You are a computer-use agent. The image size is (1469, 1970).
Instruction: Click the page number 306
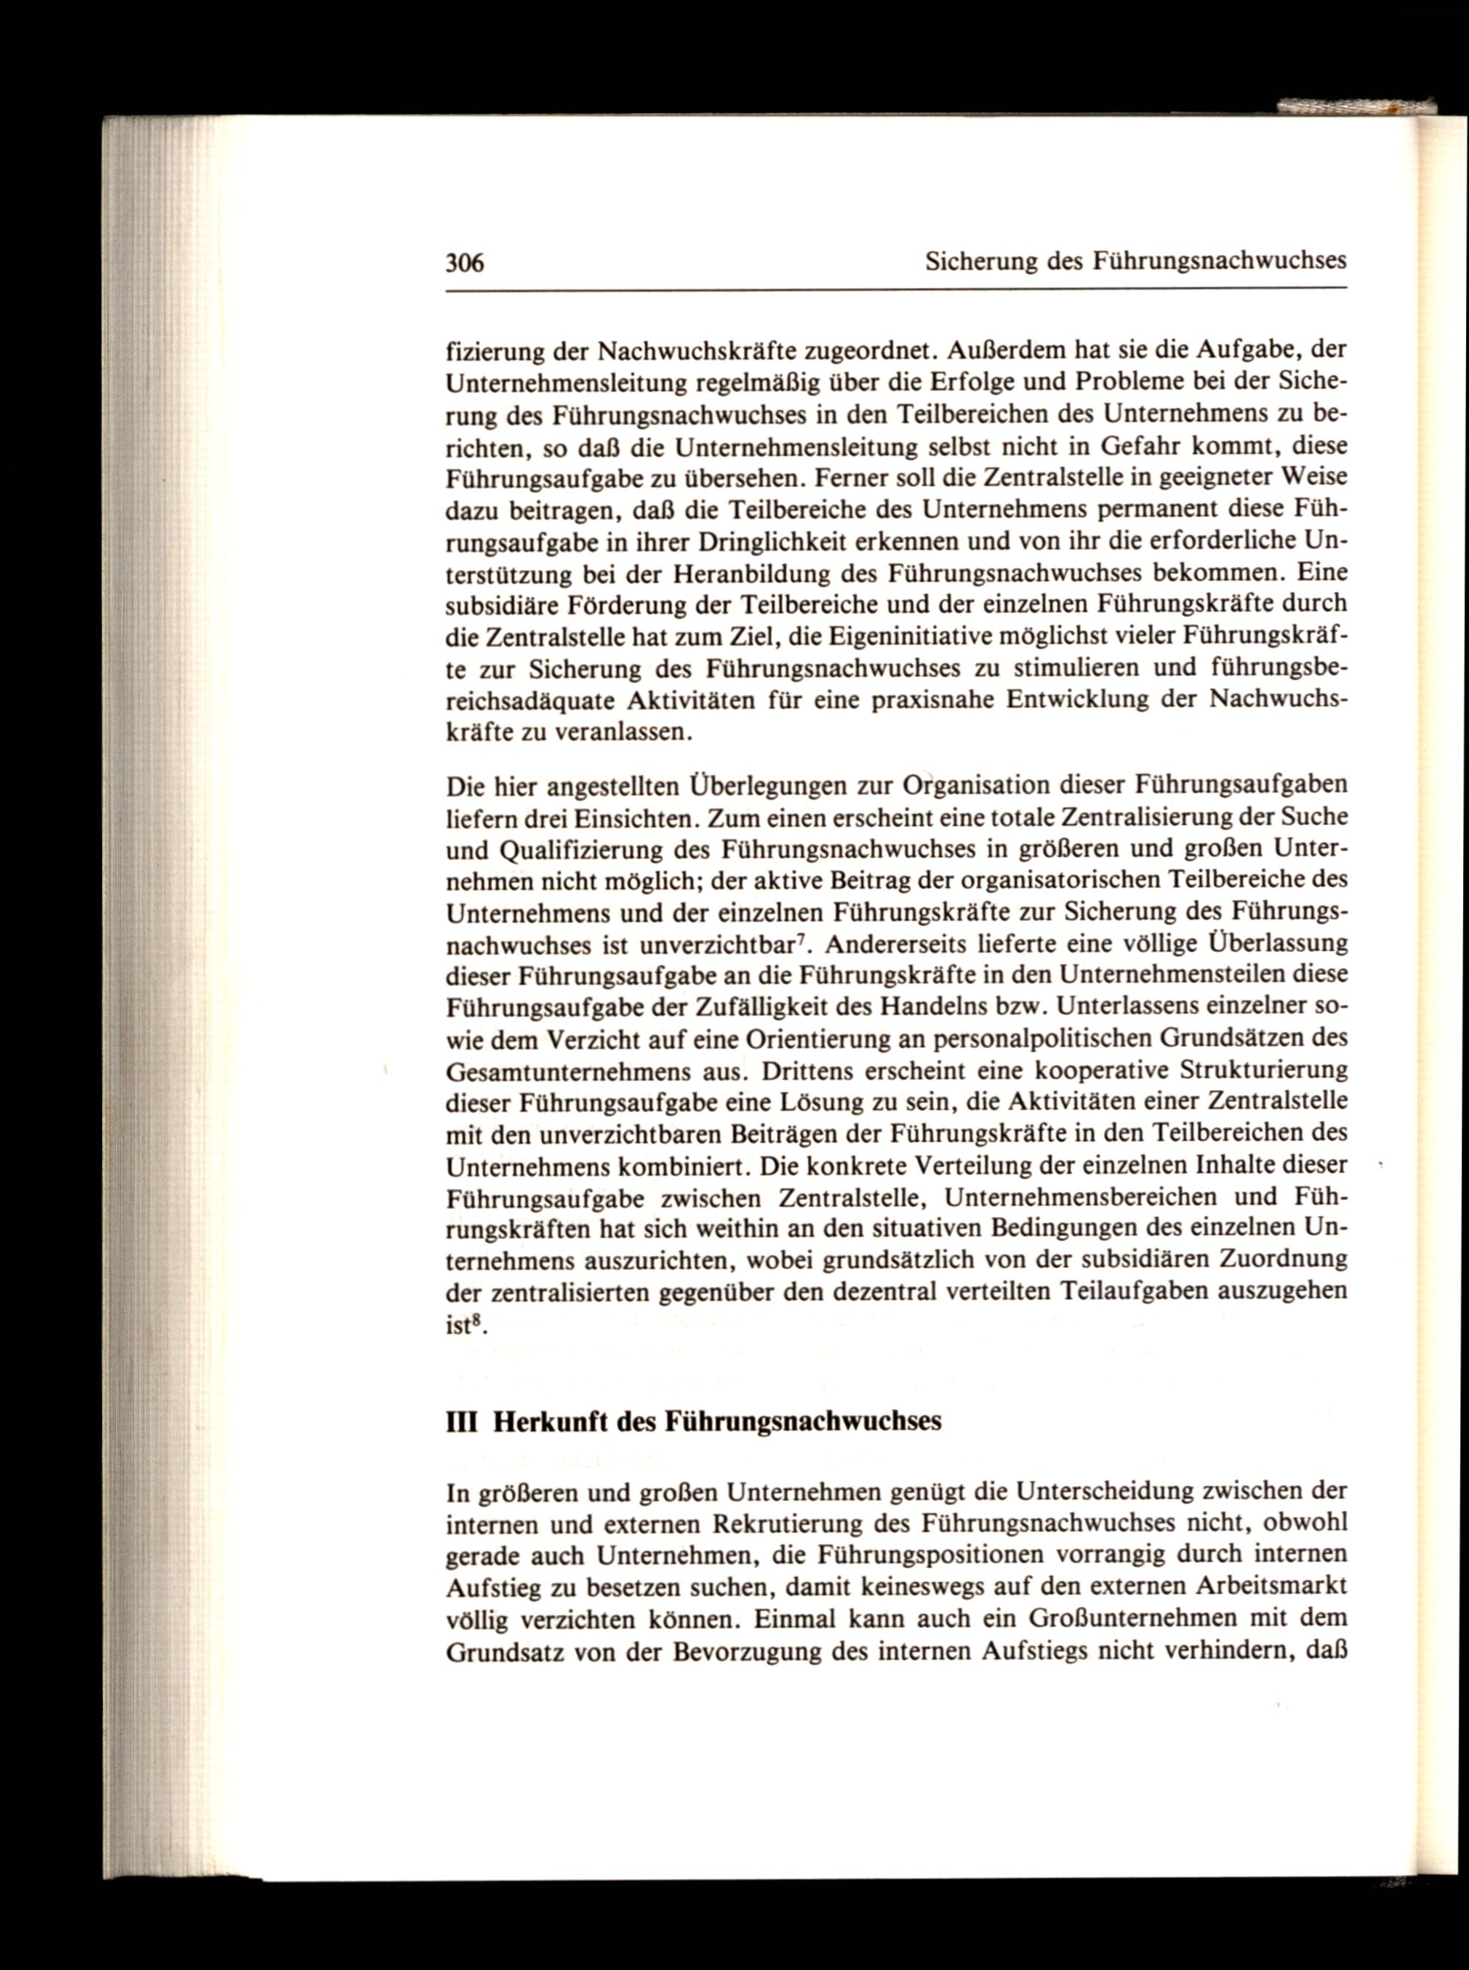pos(464,262)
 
